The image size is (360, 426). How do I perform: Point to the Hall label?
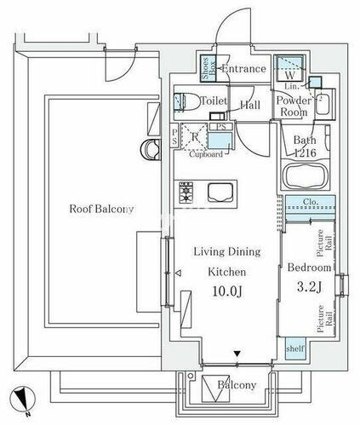[249, 106]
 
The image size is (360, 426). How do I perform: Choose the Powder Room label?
[293, 106]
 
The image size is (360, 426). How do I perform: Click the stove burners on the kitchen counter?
[186, 192]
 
